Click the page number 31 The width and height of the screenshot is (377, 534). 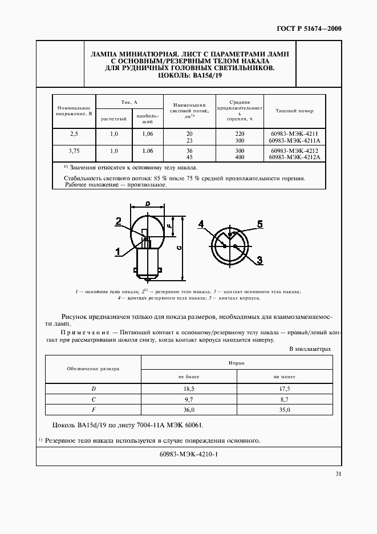338,473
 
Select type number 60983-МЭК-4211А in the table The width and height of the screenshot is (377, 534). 294,140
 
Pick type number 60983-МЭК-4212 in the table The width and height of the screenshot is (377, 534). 294,151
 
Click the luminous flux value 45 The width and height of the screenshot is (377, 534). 189,157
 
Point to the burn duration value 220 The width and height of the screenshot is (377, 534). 240,133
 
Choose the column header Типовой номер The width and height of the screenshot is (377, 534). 294,111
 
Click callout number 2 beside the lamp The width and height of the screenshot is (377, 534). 118,221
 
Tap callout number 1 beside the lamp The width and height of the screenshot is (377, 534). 118,250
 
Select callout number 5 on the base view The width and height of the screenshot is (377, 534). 260,224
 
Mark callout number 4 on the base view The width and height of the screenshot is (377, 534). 201,224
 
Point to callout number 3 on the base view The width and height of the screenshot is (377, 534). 260,260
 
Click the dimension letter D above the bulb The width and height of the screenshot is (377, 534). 148,204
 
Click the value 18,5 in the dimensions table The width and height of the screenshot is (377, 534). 189,389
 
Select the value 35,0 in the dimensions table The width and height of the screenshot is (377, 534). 284,410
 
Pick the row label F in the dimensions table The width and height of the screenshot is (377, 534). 94,410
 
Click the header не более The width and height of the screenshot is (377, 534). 189,377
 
